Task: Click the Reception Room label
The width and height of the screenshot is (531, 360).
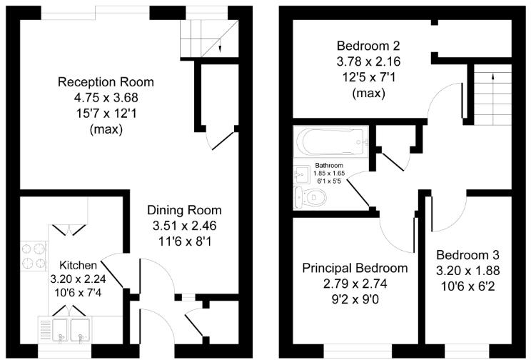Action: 106,81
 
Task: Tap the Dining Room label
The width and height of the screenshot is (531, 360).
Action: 184,210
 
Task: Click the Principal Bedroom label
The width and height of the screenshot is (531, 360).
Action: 355,269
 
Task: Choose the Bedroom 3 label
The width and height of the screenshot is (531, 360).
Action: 468,255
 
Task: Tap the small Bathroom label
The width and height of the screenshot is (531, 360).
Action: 328,166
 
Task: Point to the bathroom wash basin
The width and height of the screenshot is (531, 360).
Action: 300,174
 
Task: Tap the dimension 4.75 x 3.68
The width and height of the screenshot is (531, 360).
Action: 106,98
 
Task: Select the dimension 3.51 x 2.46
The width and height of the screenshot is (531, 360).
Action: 184,226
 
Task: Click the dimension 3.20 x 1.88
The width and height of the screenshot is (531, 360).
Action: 468,271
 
